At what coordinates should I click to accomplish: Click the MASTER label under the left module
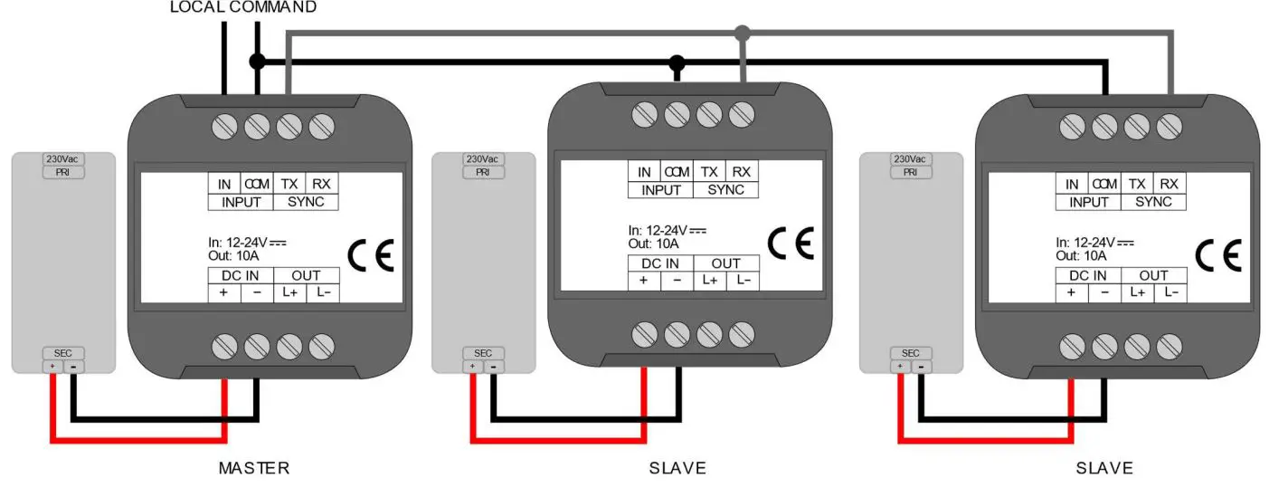point(254,468)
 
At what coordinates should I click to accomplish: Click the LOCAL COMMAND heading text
point(243,7)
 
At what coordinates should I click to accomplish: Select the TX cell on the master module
point(290,183)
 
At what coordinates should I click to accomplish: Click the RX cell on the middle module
point(742,172)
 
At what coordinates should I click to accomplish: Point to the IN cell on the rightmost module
point(1072,184)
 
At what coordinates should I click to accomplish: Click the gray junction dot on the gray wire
point(743,33)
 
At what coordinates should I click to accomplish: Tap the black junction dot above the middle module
point(677,62)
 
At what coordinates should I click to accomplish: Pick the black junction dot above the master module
point(257,62)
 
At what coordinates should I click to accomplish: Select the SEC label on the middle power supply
point(483,353)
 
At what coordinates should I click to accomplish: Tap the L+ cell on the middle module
point(710,281)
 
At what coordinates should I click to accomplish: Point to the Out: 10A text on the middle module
point(653,244)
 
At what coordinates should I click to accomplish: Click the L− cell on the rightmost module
point(1170,292)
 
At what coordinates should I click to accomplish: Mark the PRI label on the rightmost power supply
point(911,172)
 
